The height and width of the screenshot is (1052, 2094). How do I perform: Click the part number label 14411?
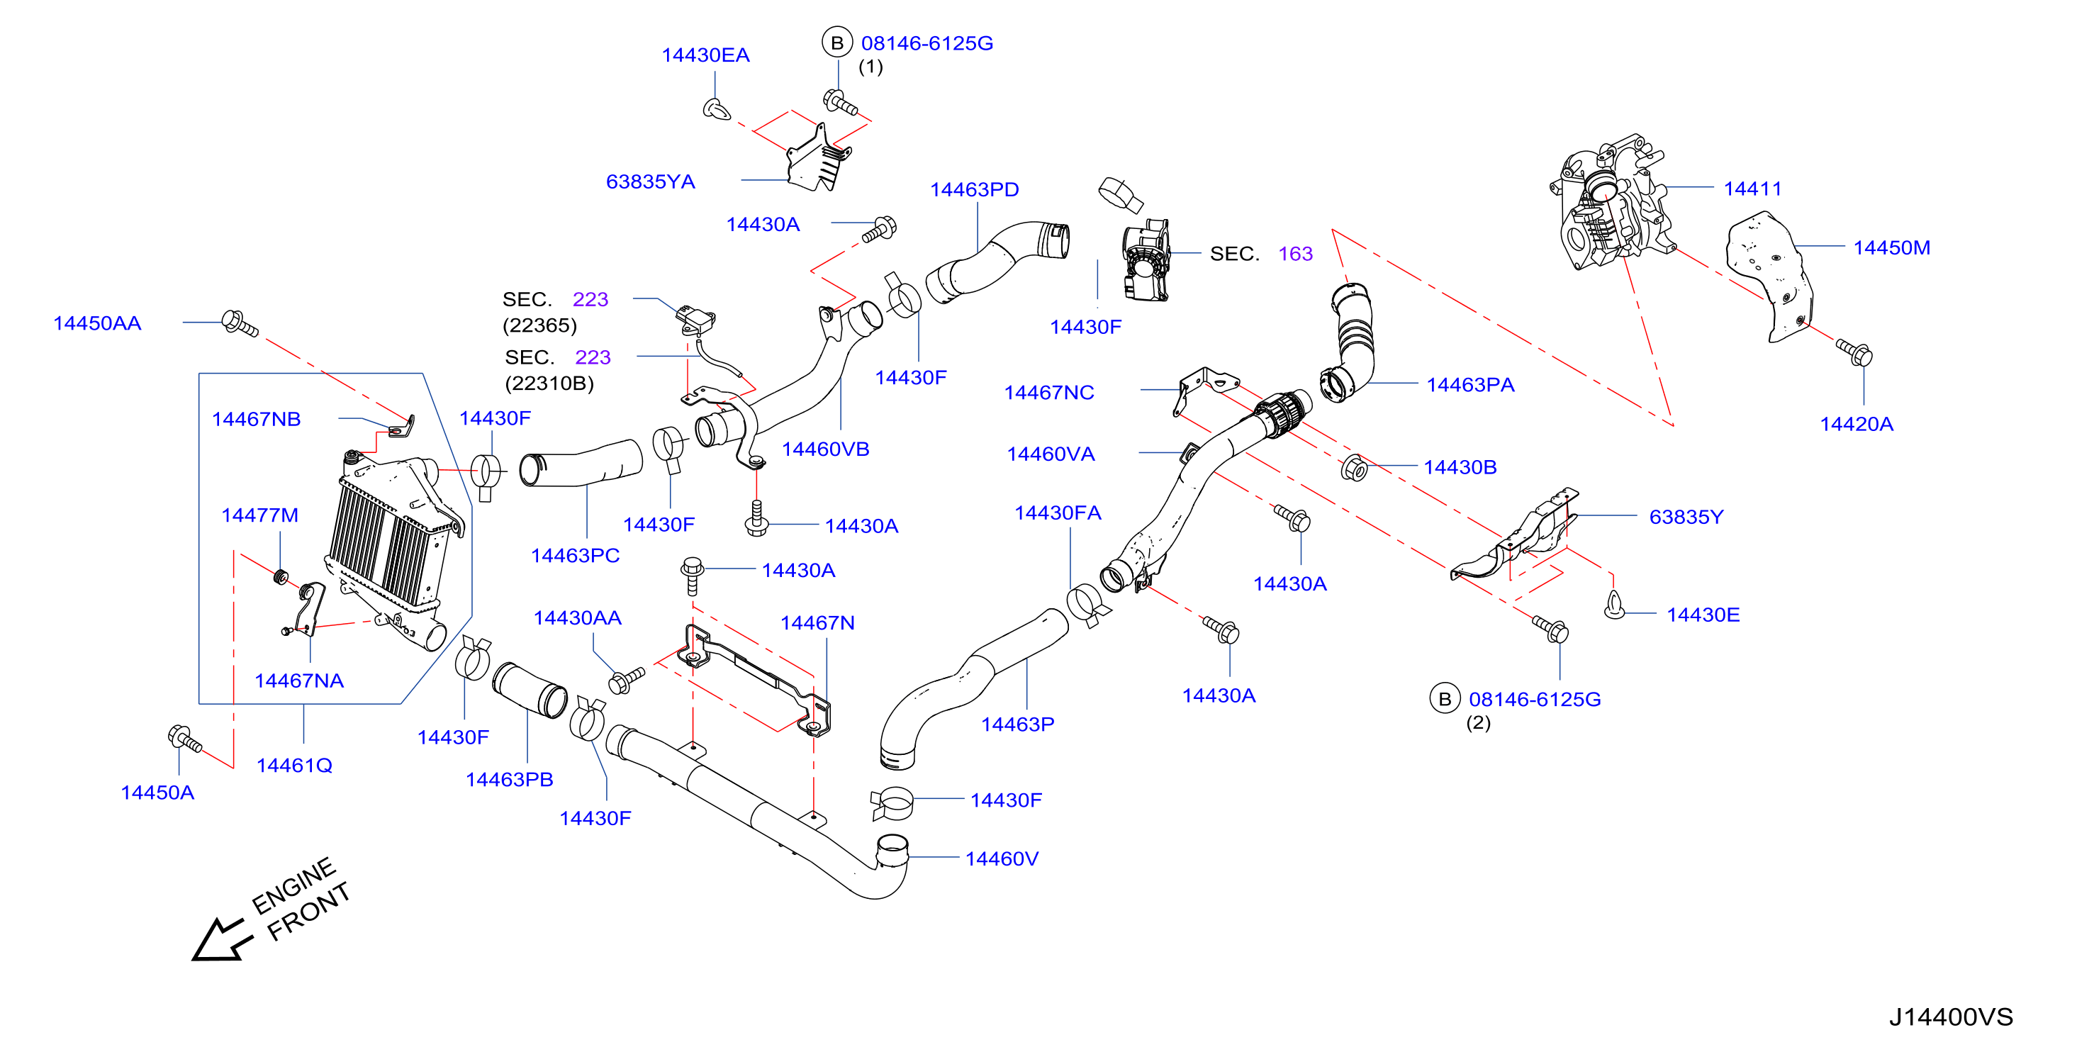coord(1752,189)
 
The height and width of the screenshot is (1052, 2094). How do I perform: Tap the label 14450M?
coord(1891,248)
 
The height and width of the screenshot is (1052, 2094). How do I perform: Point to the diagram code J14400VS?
coord(1950,1017)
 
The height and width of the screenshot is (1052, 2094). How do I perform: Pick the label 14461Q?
coord(294,765)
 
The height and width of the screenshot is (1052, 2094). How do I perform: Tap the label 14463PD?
coord(974,189)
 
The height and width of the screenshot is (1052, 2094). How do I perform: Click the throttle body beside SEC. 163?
coord(1146,259)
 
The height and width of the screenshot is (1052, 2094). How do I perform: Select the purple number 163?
coord(1295,254)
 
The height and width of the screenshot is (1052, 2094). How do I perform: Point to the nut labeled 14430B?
coord(1354,469)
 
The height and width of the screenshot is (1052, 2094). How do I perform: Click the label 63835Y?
coord(1686,517)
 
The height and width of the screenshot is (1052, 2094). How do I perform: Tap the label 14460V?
coord(1002,858)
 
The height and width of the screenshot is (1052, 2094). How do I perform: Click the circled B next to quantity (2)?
coord(1445,699)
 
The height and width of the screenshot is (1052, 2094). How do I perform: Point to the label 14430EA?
coord(705,55)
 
